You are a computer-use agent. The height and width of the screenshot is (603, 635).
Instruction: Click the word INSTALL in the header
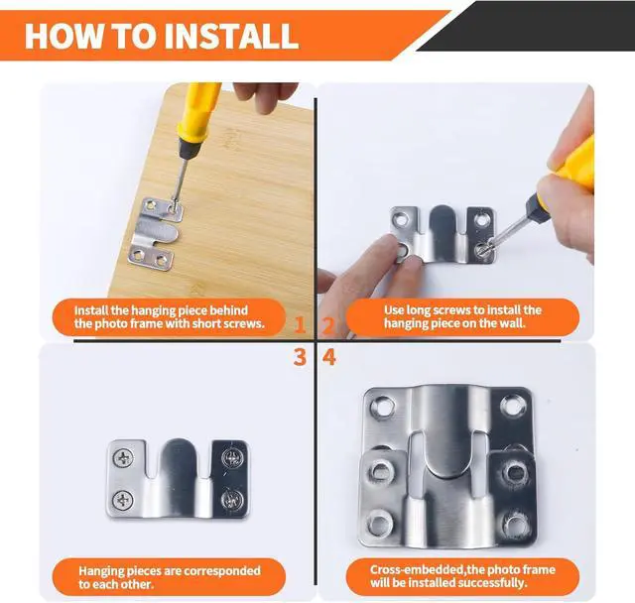coord(231,36)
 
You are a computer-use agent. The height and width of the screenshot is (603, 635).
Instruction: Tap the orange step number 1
coord(300,324)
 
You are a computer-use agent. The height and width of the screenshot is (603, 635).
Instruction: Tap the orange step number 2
coord(328,324)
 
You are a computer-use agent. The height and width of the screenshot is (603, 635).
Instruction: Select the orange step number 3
coord(300,357)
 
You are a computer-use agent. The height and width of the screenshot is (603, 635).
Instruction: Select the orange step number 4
coord(329,357)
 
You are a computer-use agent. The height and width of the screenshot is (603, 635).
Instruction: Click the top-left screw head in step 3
coord(123,458)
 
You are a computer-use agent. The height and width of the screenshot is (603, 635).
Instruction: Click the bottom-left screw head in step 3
coord(123,500)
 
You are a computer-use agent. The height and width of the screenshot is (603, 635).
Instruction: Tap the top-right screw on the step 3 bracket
coord(231,458)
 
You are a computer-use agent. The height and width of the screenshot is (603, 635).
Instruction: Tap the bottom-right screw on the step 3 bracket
coord(232,499)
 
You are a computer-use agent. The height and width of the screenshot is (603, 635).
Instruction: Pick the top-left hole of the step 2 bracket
coord(401,220)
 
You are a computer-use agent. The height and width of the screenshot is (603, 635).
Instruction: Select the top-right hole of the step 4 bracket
coord(512,406)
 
